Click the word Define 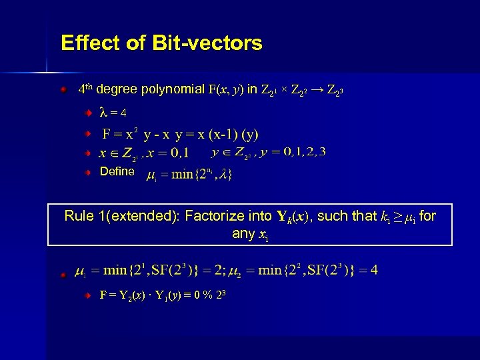(x=117, y=171)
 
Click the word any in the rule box (x=243, y=233)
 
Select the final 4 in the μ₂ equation (x=374, y=270)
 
